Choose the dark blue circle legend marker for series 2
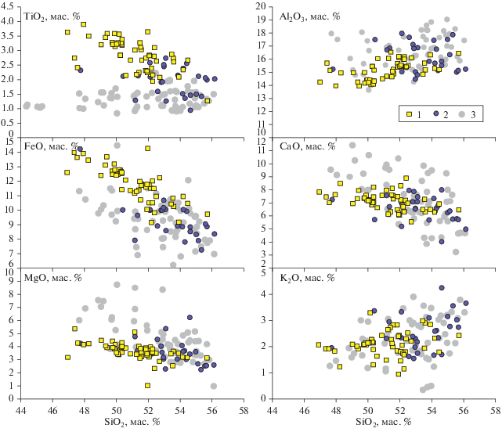click(435, 114)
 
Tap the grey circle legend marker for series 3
click(462, 114)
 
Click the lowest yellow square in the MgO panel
click(147, 385)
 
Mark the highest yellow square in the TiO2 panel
click(83, 25)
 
